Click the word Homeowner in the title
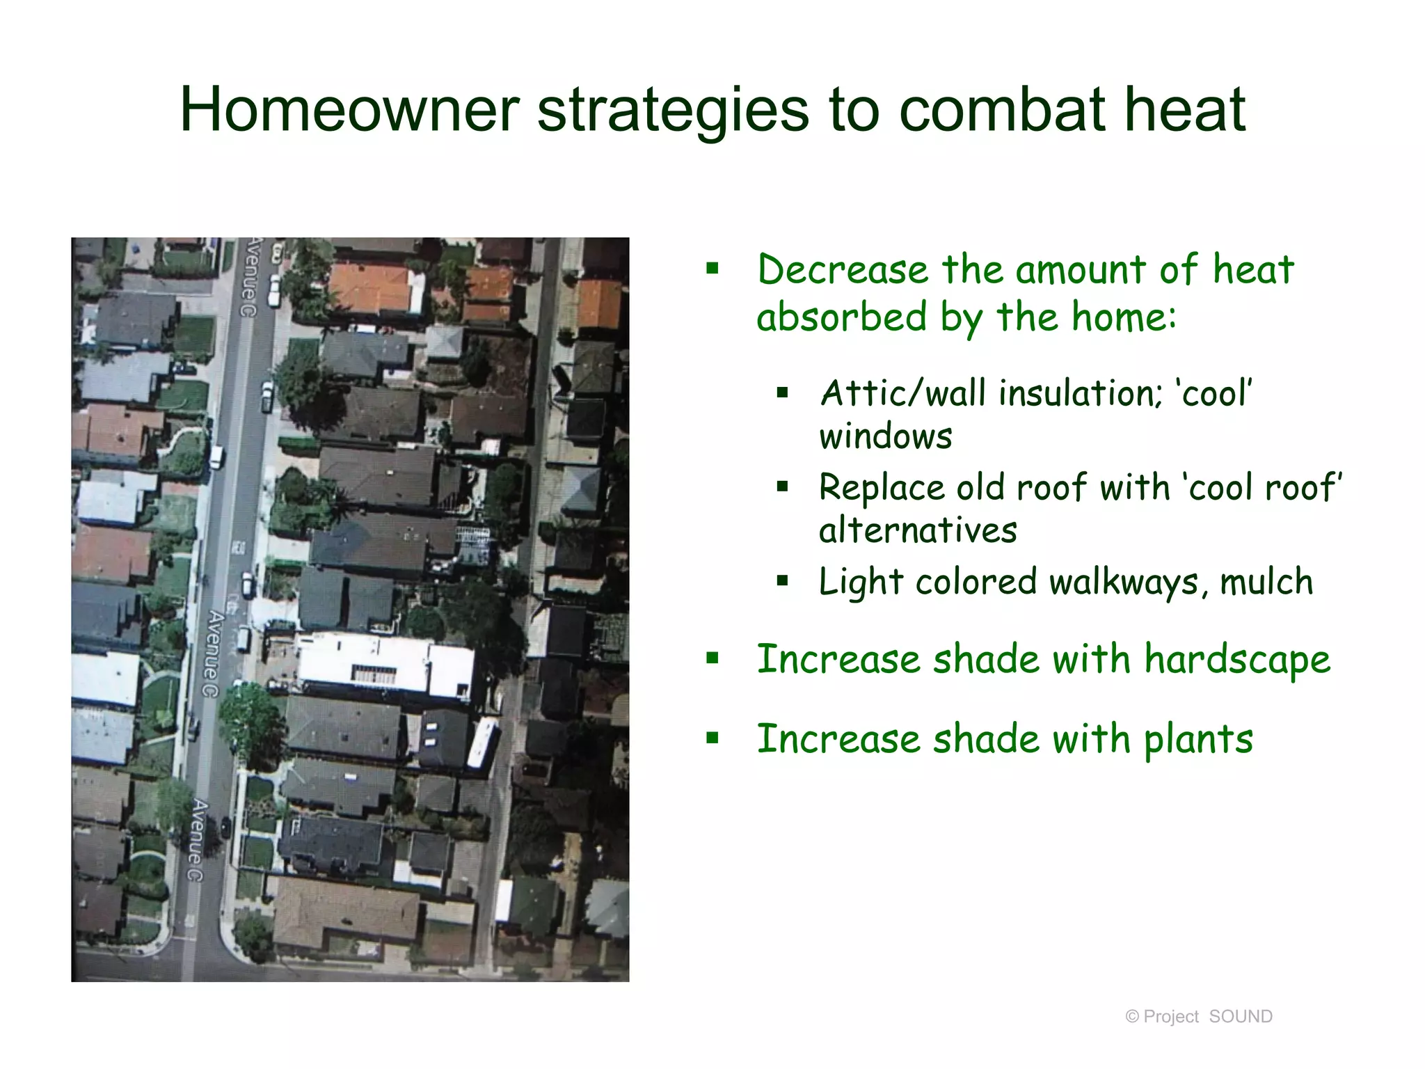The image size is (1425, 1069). pos(349,109)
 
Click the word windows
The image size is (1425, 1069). pos(885,437)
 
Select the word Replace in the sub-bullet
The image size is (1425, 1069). pos(881,487)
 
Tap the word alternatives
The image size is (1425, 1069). pos(917,530)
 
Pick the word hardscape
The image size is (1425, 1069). pos(1237,659)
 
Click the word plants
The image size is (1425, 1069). pos(1198,739)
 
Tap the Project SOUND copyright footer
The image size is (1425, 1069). pos(1198,1017)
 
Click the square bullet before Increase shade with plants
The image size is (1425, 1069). pos(712,738)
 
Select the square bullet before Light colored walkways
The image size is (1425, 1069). pos(782,580)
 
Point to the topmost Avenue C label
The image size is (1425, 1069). pos(250,277)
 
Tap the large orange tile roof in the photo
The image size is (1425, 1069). pos(369,287)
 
